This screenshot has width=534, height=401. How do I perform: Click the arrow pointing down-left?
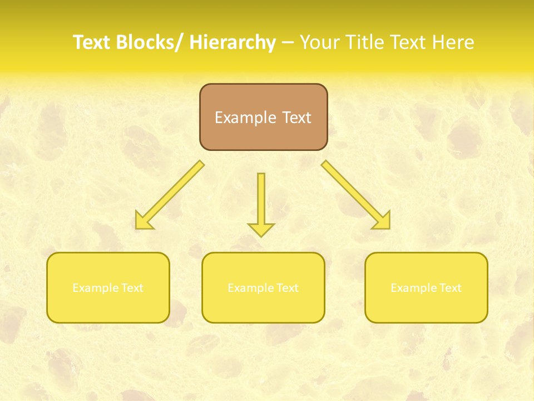170,195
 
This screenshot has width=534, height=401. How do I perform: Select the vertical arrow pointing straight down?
261,203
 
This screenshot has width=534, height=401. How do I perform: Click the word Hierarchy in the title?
233,42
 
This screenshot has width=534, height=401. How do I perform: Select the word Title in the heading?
367,42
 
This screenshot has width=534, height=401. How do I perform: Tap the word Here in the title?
453,42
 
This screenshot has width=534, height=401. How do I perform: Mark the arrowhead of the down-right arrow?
382,221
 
